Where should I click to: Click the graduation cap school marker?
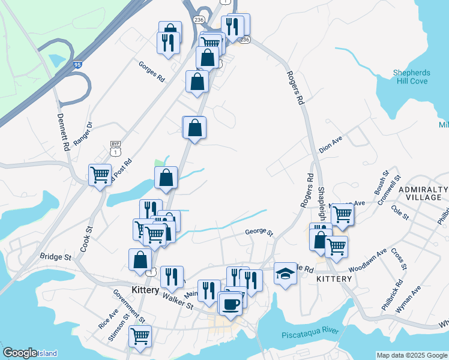coord(285,274)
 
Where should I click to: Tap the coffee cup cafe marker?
coord(231,304)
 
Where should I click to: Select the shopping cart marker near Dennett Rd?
coord(100,175)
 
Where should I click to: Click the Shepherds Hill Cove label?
coord(411,77)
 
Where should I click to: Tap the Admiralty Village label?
coord(424,193)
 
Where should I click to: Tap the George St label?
coord(259,232)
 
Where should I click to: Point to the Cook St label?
coord(85,238)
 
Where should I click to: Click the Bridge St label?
coord(55,256)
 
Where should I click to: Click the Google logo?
coord(20,353)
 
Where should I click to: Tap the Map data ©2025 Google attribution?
coord(412,355)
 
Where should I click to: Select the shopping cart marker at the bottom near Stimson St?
coord(140,337)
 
